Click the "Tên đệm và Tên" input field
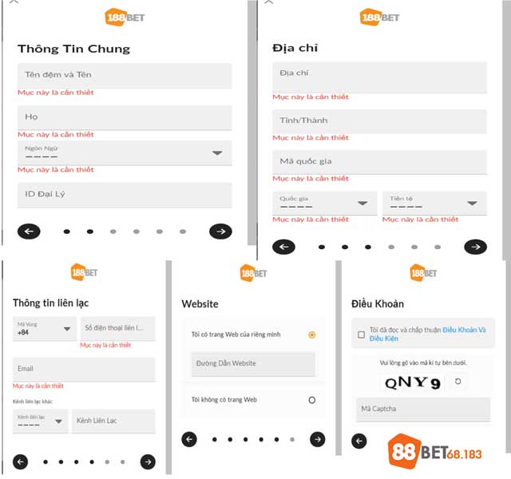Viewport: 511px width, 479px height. pos(125,76)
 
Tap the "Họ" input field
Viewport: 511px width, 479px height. pos(125,118)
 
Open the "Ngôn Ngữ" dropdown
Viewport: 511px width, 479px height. pos(125,152)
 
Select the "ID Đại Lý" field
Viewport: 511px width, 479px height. pos(125,195)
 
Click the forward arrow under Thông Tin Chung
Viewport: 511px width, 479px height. pos(220,232)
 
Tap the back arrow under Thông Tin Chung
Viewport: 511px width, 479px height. pos(29,232)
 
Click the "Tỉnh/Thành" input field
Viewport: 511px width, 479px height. pos(379,121)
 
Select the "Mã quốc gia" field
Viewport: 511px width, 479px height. pos(379,162)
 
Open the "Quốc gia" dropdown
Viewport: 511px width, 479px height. pos(323,203)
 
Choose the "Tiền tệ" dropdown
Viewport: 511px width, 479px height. pos(434,203)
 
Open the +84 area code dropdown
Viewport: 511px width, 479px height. pos(44,329)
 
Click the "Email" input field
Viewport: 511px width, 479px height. pos(84,369)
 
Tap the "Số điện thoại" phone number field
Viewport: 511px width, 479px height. pos(117,329)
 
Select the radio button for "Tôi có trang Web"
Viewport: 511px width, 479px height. pos(311,335)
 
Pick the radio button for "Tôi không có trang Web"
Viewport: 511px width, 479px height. pos(311,400)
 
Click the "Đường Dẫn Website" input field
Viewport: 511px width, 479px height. pos(253,364)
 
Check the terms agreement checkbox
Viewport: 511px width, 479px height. pos(362,335)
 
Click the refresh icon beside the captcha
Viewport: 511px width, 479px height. pos(458,382)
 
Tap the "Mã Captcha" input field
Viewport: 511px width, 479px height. pos(423,410)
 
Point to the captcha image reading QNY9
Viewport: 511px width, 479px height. pos(413,383)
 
